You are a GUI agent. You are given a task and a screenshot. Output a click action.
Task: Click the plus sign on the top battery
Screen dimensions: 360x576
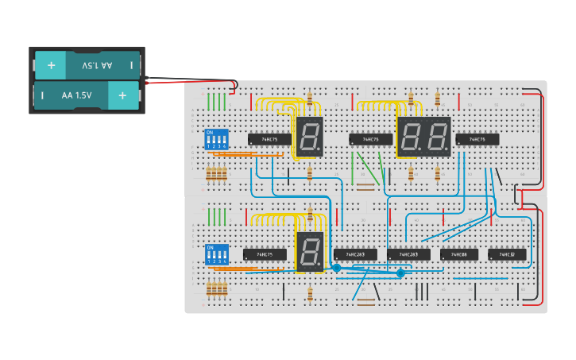coord(51,65)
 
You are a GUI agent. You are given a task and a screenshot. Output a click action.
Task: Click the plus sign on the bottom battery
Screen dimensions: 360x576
coord(122,95)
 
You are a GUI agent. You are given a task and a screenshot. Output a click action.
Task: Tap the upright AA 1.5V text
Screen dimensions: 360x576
coord(76,95)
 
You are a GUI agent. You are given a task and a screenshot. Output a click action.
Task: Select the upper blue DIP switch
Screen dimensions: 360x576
coord(216,140)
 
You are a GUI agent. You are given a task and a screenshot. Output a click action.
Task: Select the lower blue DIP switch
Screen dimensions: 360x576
coord(216,254)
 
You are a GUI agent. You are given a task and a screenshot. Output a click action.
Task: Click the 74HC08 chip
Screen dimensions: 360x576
coord(459,254)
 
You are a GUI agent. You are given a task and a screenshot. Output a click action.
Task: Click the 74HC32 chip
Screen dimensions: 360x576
coord(507,254)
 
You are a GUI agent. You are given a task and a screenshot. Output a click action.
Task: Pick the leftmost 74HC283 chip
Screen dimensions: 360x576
coord(355,254)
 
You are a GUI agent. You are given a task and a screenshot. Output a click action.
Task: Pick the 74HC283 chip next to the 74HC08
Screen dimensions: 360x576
coord(408,254)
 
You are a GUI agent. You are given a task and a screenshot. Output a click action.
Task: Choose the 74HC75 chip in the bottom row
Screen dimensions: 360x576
coord(265,254)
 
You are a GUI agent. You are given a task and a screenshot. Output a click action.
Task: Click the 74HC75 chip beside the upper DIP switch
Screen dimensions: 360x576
coord(269,139)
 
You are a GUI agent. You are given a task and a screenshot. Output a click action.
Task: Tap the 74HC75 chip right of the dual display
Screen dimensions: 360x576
coord(477,139)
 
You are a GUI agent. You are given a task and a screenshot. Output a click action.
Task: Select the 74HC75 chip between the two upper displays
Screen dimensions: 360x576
coord(370,139)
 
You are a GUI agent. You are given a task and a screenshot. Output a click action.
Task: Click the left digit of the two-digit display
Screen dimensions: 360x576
coord(412,137)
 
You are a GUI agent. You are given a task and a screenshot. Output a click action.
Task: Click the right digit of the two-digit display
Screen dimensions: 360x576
coord(436,137)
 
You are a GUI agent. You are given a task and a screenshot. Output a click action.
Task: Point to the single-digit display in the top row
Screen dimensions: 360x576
coord(309,136)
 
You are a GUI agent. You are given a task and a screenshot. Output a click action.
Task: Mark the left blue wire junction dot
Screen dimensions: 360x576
coord(336,269)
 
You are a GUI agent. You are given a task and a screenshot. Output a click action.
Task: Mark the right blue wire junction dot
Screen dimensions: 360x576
coord(400,273)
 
